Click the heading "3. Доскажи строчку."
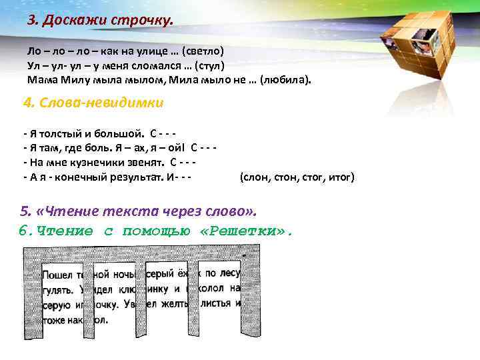coord(100,20)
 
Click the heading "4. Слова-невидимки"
coord(93,103)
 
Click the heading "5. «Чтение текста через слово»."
coord(138,211)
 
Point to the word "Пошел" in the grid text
coord(57,274)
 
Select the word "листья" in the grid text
coord(215,304)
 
